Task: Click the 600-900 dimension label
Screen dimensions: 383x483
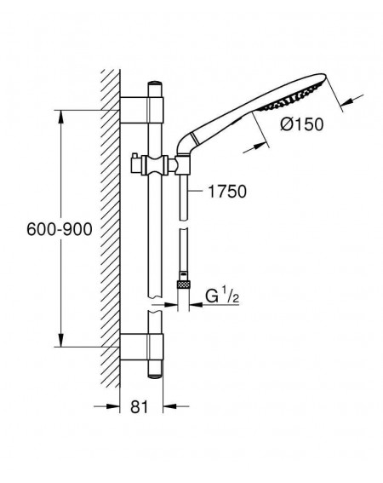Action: pyautogui.click(x=60, y=229)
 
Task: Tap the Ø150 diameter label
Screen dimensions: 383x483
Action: pyautogui.click(x=302, y=124)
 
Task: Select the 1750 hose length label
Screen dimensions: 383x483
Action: pyautogui.click(x=227, y=192)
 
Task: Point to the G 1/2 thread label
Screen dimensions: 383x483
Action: pyautogui.click(x=222, y=296)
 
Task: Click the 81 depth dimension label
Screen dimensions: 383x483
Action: pyautogui.click(x=140, y=406)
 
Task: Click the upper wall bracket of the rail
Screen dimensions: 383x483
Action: pyautogui.click(x=141, y=110)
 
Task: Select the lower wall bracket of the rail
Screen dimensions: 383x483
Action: pyautogui.click(x=141, y=346)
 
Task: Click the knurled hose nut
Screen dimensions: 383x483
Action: pyautogui.click(x=183, y=284)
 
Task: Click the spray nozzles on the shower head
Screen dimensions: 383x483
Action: pyautogui.click(x=292, y=97)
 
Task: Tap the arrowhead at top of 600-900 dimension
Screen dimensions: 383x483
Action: pyautogui.click(x=61, y=117)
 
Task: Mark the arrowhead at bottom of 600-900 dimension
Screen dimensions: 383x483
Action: pyautogui.click(x=61, y=340)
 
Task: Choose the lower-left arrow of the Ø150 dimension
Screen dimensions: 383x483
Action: pyautogui.click(x=254, y=147)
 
